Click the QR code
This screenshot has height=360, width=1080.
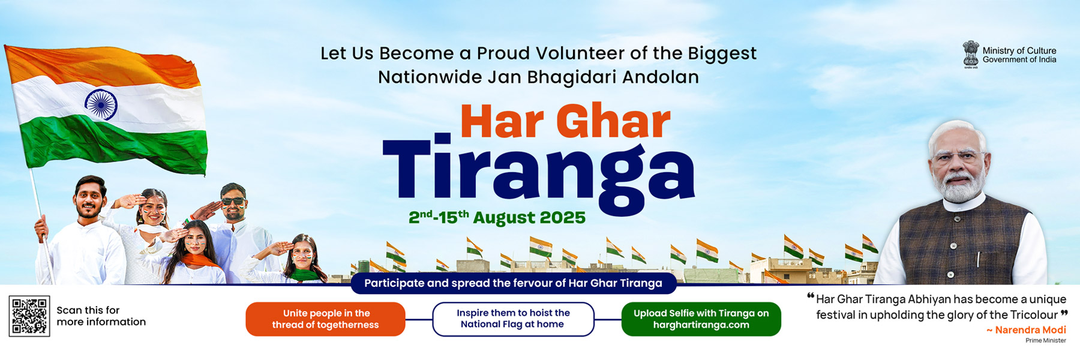(x=29, y=316)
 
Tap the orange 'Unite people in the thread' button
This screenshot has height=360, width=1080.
(x=325, y=319)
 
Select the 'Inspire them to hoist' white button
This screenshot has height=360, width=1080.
(x=513, y=319)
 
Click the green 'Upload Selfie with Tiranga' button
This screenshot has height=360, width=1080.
(x=701, y=319)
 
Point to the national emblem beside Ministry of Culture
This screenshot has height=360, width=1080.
(x=971, y=55)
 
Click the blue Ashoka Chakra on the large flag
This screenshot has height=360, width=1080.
(x=101, y=104)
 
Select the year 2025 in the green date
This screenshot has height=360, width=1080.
(x=562, y=217)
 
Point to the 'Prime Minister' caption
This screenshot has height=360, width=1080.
(x=1046, y=341)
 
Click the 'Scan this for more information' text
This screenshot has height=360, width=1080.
(x=101, y=316)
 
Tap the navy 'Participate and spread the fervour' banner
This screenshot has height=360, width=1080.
(x=514, y=283)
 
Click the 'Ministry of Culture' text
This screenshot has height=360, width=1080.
(x=1019, y=51)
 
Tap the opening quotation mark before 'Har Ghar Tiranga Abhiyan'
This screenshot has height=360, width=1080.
(x=811, y=296)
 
